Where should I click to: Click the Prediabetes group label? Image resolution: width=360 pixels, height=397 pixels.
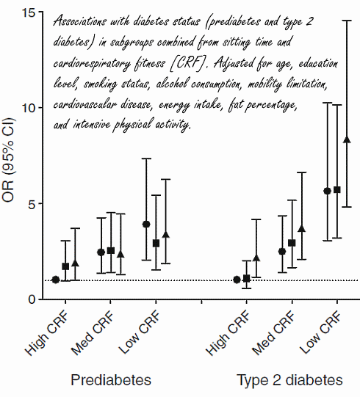(111, 380)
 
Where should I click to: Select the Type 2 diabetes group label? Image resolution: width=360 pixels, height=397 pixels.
(289, 380)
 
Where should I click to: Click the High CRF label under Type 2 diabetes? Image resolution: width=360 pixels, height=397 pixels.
(229, 332)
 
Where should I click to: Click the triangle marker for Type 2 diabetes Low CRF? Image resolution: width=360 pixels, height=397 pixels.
(347, 139)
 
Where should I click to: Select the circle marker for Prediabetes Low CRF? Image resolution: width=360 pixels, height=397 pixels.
(146, 224)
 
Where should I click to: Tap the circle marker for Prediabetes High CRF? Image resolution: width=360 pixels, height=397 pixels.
(56, 280)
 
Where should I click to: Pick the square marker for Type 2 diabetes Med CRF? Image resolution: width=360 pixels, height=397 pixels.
(292, 243)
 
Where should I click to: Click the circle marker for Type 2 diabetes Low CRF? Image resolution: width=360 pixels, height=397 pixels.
(328, 191)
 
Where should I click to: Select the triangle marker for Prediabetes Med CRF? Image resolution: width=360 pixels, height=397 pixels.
(120, 254)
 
